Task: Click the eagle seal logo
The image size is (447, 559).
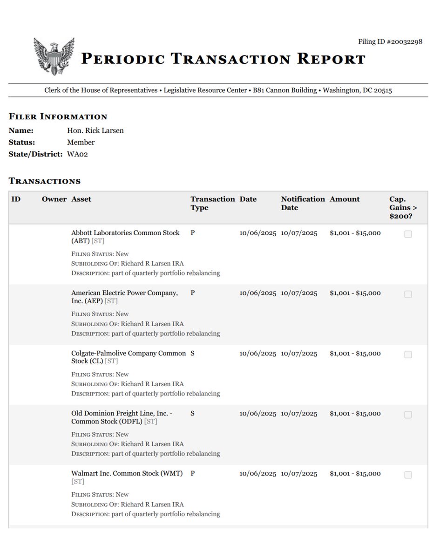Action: (54, 56)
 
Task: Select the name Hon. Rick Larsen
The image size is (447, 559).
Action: (95, 130)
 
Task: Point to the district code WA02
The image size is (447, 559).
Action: (77, 154)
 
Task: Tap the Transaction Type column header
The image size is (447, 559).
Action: (212, 203)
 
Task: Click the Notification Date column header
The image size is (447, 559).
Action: (303, 203)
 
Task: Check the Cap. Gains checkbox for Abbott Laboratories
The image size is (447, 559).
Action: (408, 234)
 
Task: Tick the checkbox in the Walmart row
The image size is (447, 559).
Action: (408, 475)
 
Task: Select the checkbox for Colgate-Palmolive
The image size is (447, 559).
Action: (408, 354)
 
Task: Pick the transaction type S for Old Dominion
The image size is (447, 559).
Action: (192, 413)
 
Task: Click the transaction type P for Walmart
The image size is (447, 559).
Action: (192, 473)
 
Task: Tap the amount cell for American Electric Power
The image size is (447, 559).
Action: (355, 293)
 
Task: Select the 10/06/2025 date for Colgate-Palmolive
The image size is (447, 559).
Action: (257, 353)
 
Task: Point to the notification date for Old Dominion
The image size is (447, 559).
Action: (299, 413)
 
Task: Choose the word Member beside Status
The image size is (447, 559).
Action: (81, 142)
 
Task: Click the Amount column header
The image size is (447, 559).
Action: (345, 199)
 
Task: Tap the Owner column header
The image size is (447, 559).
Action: (54, 199)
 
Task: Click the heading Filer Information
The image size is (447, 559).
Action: (58, 116)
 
